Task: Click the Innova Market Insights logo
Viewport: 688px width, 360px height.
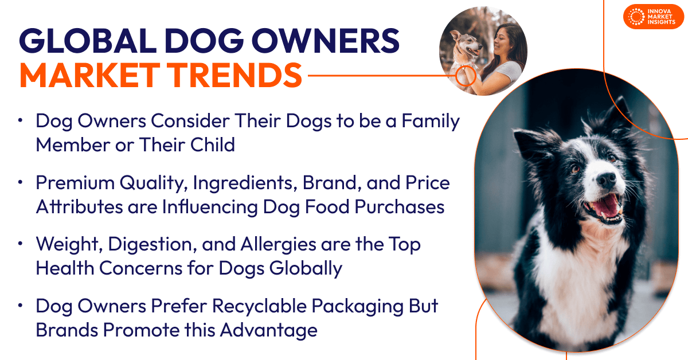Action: pos(654,17)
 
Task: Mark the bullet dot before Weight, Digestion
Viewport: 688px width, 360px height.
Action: pos(21,243)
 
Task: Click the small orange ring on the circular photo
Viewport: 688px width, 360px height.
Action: pos(466,75)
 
